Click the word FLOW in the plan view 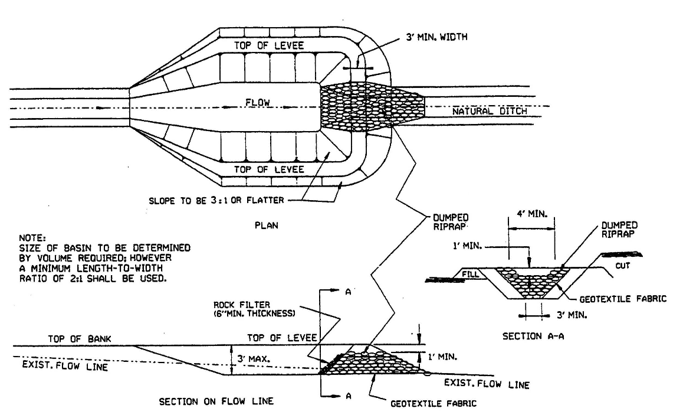pos(257,102)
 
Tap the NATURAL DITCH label pos(490,111)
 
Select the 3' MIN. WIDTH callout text pos(437,37)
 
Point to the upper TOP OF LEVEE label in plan pos(269,45)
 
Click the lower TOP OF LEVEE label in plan pos(269,169)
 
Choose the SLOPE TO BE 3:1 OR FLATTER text pos(216,201)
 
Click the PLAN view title pos(266,226)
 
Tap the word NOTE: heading pos(32,238)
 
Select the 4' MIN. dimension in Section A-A pos(532,214)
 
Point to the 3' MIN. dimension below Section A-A pos(572,315)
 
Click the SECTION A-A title pos(533,336)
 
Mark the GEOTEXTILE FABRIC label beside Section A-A pos(623,299)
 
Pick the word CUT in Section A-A pos(622,266)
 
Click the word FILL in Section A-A pos(471,274)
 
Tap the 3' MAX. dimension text pos(254,359)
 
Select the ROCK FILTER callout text pos(254,309)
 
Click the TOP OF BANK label pos(79,339)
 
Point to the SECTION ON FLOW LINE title pos(216,401)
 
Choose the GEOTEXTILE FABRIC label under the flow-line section pos(434,404)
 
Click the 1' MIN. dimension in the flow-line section pos(442,357)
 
